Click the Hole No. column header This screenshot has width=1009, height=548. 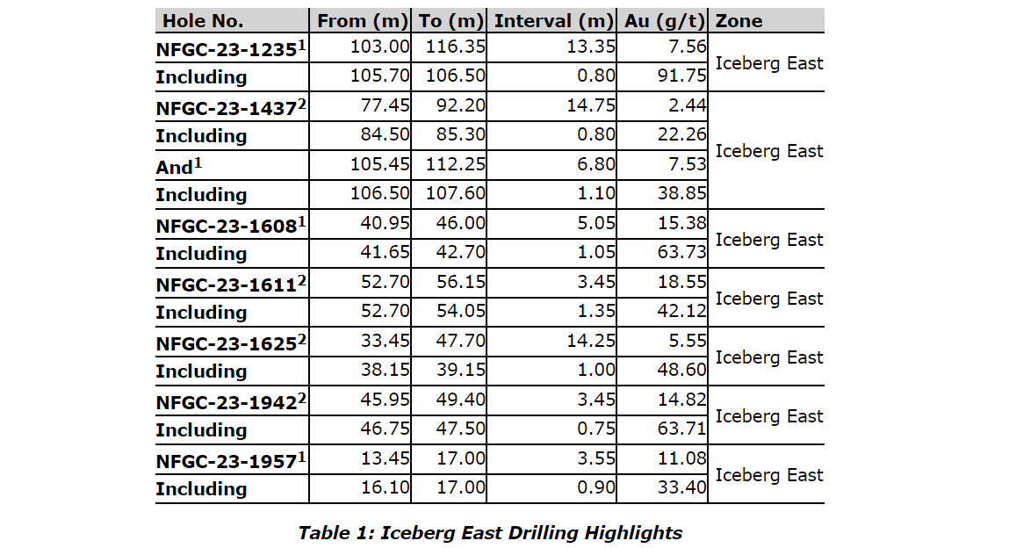tap(203, 21)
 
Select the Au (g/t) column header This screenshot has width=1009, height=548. tap(664, 21)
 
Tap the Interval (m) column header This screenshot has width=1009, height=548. tap(553, 21)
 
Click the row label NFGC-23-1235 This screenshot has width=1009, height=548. tap(226, 50)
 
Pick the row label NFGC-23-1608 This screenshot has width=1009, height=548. tap(226, 226)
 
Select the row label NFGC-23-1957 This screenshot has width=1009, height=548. tap(226, 461)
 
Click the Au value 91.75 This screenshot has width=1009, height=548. tap(681, 76)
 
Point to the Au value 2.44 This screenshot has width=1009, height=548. tap(687, 106)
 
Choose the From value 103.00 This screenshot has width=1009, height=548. tap(380, 47)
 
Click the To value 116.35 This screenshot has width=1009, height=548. tap(456, 47)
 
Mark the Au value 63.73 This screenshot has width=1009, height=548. tap(681, 253)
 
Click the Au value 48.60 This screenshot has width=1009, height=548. tap(681, 371)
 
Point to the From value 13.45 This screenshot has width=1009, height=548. tap(386, 459)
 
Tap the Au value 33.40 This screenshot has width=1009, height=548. tap(681, 488)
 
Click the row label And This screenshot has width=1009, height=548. tap(174, 167)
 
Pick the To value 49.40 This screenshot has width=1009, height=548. tap(461, 400)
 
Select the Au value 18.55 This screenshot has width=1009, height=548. tap(681, 283)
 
